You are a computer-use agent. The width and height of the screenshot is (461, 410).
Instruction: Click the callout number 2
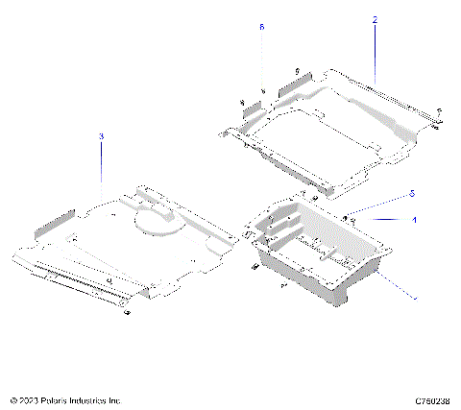375,19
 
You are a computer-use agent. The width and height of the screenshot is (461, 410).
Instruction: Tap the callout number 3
101,137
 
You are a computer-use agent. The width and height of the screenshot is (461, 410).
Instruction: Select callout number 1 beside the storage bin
414,220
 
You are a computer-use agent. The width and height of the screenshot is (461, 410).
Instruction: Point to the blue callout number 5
412,194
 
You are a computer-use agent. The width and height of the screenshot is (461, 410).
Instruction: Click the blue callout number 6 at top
261,29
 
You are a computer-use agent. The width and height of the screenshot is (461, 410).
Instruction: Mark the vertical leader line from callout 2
375,48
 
